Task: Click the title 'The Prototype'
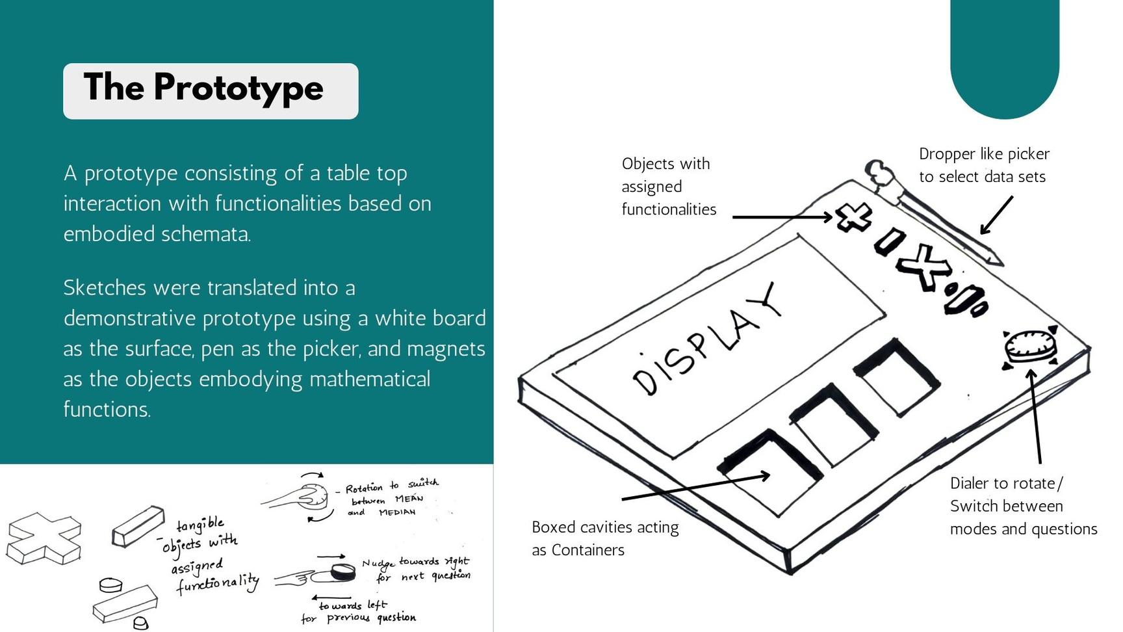(x=203, y=88)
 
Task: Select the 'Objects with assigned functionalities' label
(x=669, y=186)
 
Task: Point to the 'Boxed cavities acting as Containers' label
(x=605, y=538)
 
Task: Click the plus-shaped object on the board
(x=854, y=217)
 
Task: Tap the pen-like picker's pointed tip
(x=1001, y=264)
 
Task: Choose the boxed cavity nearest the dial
(x=896, y=376)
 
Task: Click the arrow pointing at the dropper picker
(x=996, y=215)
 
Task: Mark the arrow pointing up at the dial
(x=1035, y=416)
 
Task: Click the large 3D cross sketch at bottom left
(x=44, y=538)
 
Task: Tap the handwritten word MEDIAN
(x=397, y=512)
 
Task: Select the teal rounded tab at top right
(x=1005, y=59)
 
